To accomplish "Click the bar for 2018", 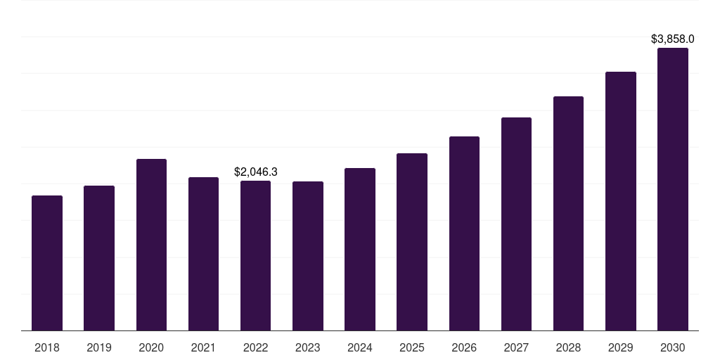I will click(47, 263).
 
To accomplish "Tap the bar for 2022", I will click(255, 256).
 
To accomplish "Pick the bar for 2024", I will click(360, 250).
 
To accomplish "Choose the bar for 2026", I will click(464, 233).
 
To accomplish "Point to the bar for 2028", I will click(568, 214).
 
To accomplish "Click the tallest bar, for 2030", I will click(673, 189).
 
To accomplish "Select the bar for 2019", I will click(99, 258).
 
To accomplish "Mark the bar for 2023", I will click(308, 256).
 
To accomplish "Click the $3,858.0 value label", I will click(673, 39).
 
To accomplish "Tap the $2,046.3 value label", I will click(255, 172).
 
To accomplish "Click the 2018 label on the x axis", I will click(47, 347).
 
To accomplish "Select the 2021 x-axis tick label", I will click(203, 347).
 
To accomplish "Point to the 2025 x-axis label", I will click(412, 347).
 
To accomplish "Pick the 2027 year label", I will click(516, 347).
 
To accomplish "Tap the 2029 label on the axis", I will click(621, 347).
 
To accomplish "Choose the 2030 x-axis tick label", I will click(673, 347).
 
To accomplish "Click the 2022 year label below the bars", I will click(255, 347).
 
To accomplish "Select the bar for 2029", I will click(621, 201).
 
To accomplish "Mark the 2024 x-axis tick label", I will click(360, 347).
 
